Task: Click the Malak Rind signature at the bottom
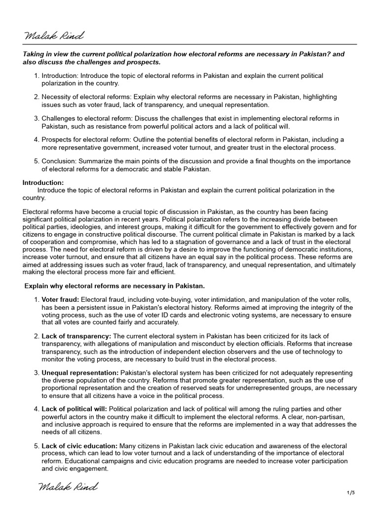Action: (68, 487)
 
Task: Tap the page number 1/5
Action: (351, 493)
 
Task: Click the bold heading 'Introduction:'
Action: (43, 182)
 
